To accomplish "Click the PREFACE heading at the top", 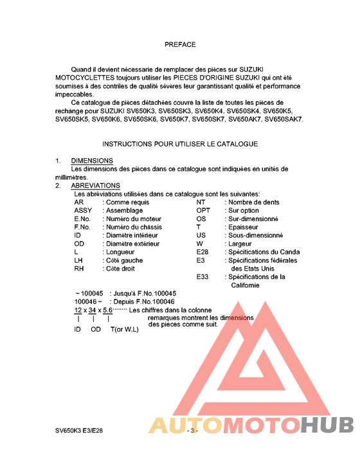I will click(x=180, y=45).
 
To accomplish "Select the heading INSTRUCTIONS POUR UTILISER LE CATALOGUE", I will click(x=180, y=144).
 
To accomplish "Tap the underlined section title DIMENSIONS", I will click(x=92, y=161).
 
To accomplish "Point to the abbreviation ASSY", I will click(x=84, y=210).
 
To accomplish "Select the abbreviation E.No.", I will click(x=82, y=219).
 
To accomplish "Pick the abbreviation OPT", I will click(x=203, y=210).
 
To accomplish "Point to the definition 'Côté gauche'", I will click(x=124, y=260).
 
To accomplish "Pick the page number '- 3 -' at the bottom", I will click(x=192, y=431).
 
